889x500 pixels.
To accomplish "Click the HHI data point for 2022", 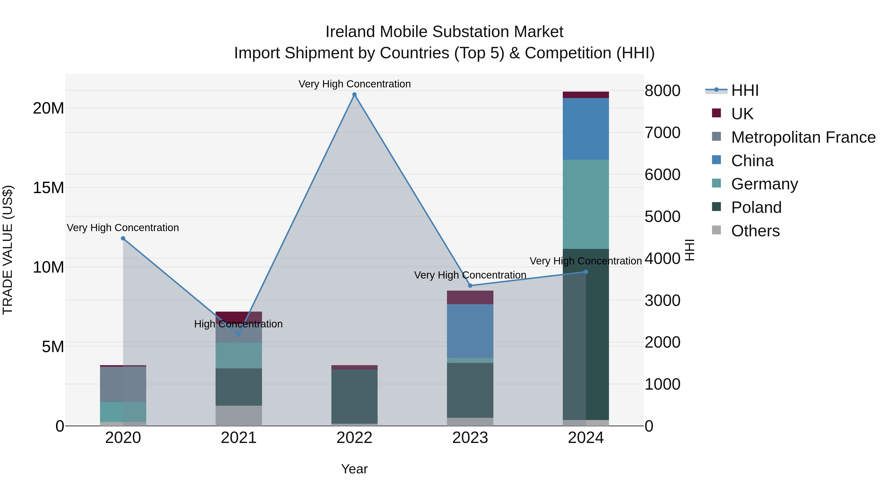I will [354, 95].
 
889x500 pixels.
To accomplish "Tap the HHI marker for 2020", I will [123, 239].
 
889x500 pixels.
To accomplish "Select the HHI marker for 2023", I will [470, 286].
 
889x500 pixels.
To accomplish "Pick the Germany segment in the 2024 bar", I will [586, 204].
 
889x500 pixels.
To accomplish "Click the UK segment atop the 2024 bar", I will [586, 95].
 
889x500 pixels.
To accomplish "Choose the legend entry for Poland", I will [756, 207].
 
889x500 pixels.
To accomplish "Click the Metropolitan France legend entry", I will [803, 137].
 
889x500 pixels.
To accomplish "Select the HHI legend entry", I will [744, 90].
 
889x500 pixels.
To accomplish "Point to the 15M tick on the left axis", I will [48, 188].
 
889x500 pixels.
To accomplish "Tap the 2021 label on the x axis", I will [239, 438].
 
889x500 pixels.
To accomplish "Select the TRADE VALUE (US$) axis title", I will [8, 250].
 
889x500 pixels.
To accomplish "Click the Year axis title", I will [354, 469].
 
